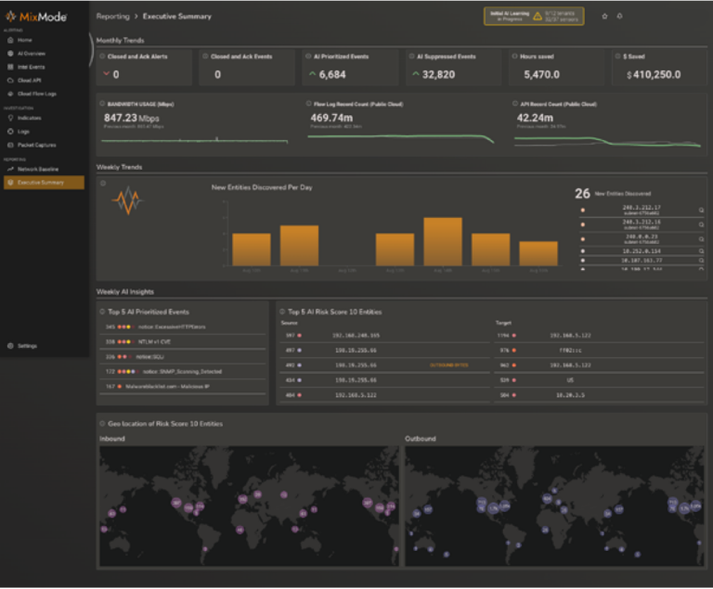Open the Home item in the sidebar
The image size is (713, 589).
(x=24, y=40)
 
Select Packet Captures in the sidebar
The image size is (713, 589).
(x=36, y=145)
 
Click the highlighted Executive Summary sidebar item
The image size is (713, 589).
(x=42, y=183)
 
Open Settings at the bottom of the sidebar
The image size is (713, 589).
(x=27, y=345)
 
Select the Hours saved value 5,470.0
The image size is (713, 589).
(x=541, y=74)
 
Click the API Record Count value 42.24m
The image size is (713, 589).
(x=535, y=118)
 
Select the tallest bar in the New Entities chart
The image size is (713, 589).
(x=443, y=242)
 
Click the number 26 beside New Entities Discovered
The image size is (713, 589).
(x=582, y=193)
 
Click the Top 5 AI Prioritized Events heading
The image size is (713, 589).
(x=149, y=311)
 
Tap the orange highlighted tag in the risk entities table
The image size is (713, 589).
(x=448, y=365)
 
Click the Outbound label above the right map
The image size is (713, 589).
(x=421, y=437)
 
